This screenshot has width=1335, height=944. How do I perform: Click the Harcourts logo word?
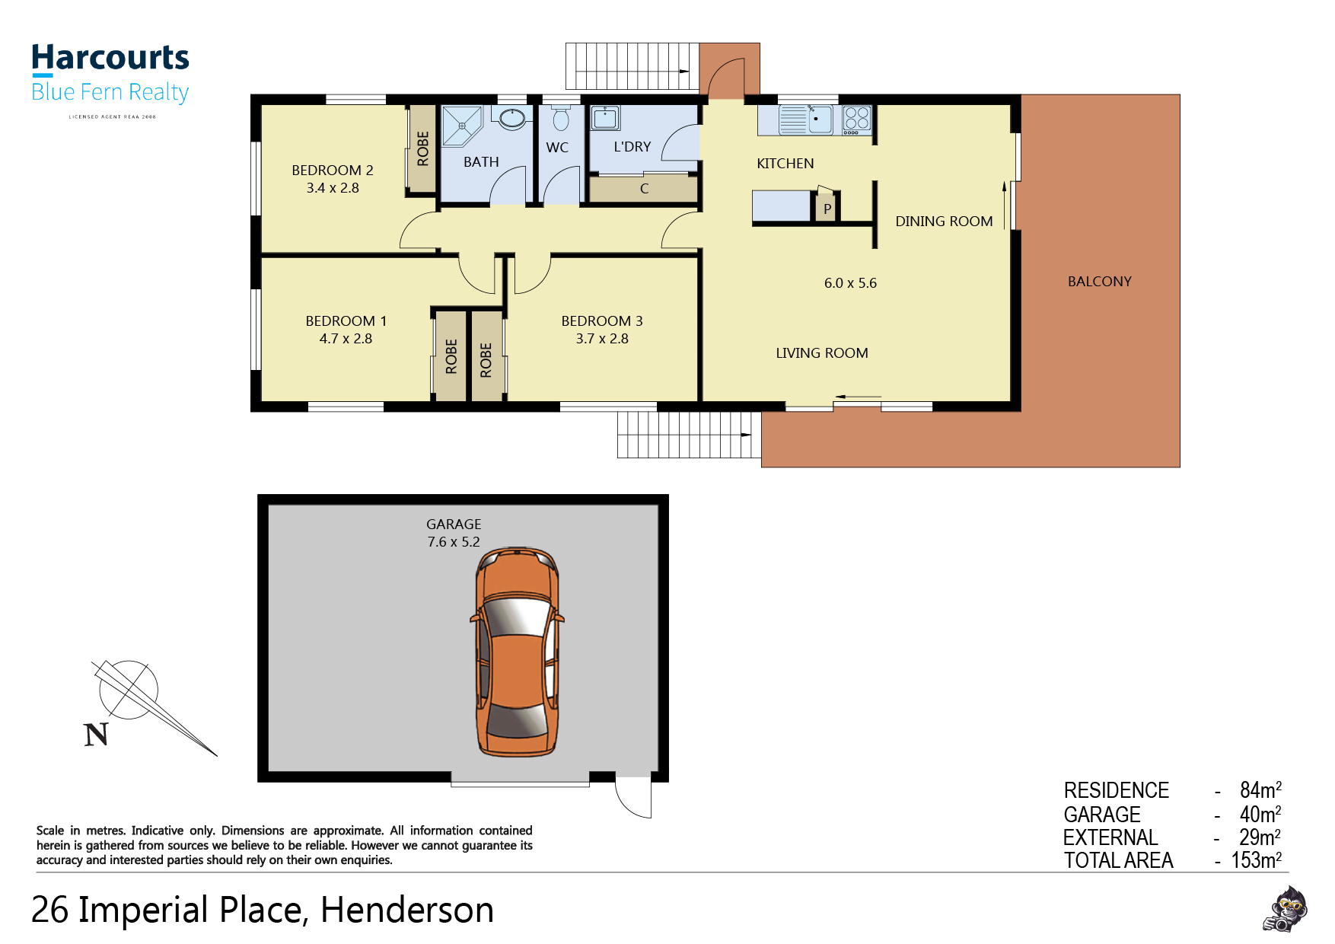coord(110,58)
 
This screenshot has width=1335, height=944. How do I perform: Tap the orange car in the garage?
coord(518,651)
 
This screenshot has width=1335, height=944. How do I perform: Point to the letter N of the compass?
coord(96,735)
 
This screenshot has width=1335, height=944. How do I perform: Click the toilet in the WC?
coord(561,118)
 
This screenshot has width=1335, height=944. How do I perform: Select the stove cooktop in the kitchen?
coord(856,120)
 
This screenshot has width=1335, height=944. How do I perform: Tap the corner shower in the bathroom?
coord(462,126)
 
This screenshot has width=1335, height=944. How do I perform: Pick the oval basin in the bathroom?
coord(511,118)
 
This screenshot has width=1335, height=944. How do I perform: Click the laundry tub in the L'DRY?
coord(605,118)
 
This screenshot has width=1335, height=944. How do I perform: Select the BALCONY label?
coord(1099,282)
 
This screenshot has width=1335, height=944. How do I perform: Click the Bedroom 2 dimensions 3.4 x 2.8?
coord(333,188)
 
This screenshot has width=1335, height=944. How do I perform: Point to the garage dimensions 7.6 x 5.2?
coord(454,542)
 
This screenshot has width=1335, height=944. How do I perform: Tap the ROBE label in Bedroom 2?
coord(423,148)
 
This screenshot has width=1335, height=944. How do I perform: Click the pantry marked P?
coord(827,208)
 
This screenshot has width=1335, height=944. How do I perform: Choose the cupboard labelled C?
coord(644,189)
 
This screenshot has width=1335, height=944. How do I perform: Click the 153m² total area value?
coord(1257,860)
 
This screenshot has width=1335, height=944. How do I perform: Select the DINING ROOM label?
coord(944,222)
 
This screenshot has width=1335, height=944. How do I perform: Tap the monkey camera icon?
coord(1285,909)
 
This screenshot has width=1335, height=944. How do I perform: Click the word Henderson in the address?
coord(407,910)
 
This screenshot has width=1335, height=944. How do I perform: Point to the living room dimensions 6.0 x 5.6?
coord(850,283)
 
